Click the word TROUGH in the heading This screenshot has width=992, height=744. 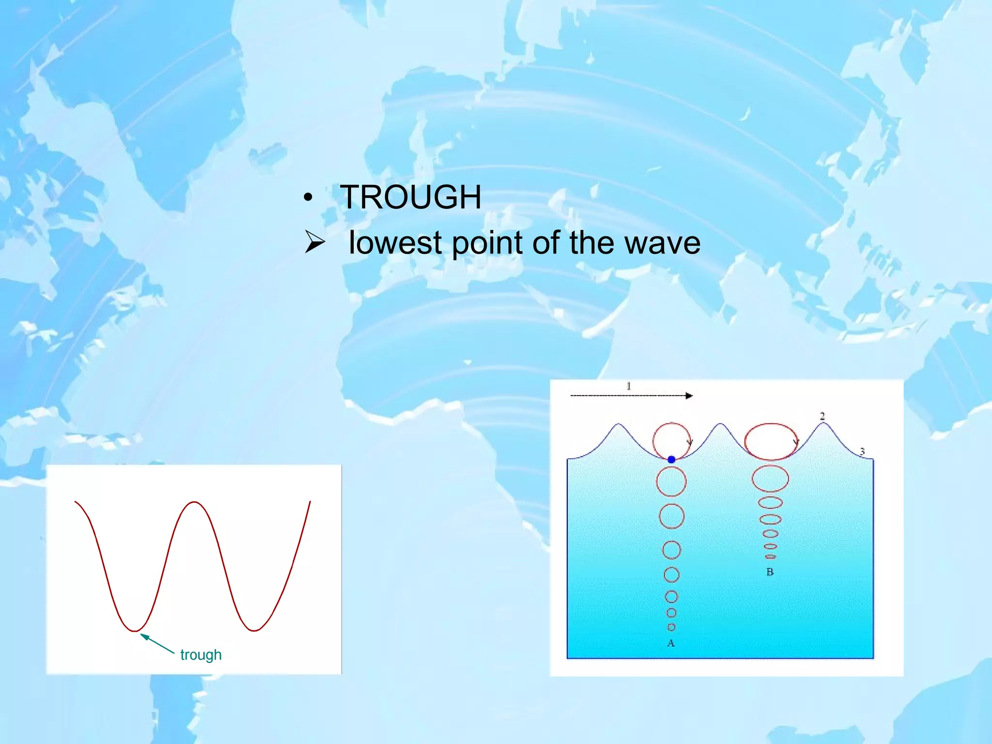[x=410, y=197]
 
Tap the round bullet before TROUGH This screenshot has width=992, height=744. [x=308, y=198]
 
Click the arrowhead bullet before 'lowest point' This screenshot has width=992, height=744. [x=314, y=242]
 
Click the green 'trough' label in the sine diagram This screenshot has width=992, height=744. [x=201, y=655]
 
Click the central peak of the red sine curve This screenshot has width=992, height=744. [x=194, y=502]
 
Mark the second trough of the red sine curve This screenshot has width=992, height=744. [x=254, y=630]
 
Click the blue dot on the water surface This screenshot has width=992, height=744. [x=671, y=459]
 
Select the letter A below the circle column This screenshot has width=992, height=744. [x=671, y=643]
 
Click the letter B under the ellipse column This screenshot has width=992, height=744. [x=770, y=572]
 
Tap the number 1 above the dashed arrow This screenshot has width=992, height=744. [x=629, y=386]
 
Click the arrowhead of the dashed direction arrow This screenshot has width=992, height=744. [x=689, y=396]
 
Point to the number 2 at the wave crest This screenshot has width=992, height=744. [x=822, y=416]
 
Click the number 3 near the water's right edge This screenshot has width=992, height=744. [x=862, y=451]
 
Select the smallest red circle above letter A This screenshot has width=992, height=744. [x=671, y=627]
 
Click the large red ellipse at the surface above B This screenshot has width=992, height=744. [x=770, y=441]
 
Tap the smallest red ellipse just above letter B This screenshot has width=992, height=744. [x=770, y=557]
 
